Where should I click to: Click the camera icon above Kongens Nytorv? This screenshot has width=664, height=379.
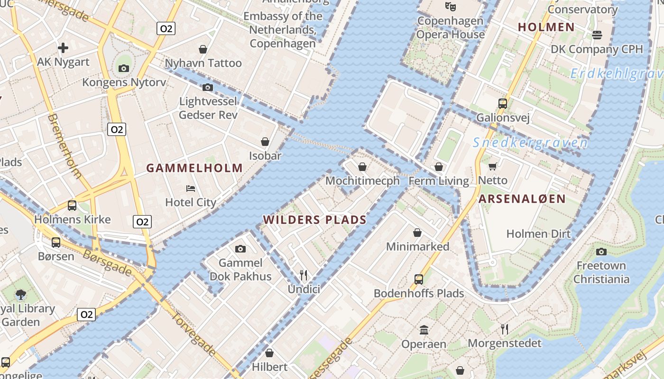coord(124,68)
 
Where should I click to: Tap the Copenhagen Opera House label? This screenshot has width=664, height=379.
coord(450,27)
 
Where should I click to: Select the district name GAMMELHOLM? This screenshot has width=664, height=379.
coord(194,168)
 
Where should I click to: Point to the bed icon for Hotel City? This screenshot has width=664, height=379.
coord(191,188)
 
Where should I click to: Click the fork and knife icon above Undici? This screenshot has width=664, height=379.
coord(304,275)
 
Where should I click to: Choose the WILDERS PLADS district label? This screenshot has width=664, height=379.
coord(315,220)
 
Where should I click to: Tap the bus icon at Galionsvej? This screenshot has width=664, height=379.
coord(503,103)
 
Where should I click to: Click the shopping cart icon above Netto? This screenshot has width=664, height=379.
coord(493,166)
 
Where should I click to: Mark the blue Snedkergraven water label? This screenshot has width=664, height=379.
coord(530,143)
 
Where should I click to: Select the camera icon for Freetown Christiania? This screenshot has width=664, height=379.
coord(601,252)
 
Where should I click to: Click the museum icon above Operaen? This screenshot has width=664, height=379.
coord(424,330)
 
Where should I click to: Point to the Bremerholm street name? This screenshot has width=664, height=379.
coord(65,145)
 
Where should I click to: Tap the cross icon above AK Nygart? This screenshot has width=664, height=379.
coord(63,47)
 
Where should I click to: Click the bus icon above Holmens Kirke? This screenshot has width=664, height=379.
coord(72,205)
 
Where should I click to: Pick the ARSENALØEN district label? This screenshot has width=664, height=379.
coord(522,199)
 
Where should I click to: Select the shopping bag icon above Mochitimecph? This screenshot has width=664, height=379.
coord(362,167)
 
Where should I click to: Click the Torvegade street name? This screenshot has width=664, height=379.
coord(194,334)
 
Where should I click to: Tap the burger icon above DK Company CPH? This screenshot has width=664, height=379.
coord(597,35)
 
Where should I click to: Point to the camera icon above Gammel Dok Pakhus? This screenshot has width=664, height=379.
coord(240,249)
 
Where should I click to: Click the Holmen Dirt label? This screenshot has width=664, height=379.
coord(538,234)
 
